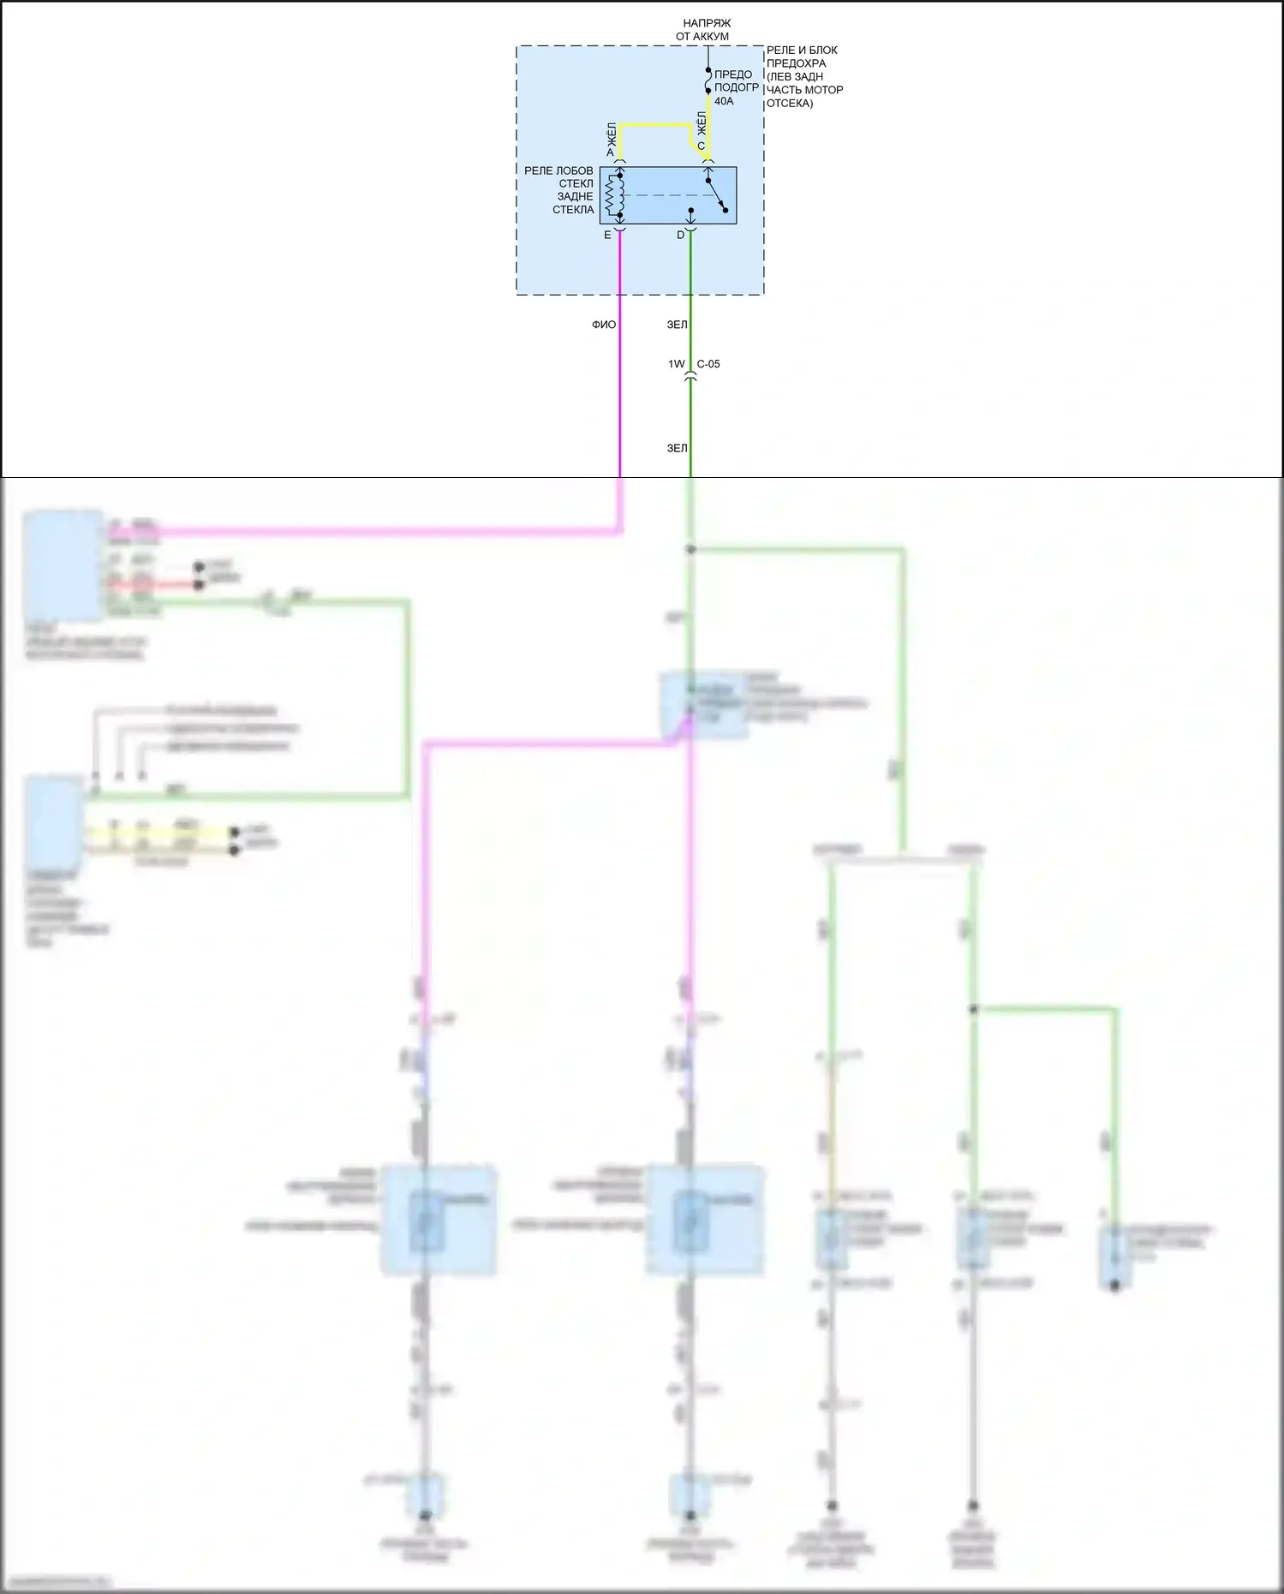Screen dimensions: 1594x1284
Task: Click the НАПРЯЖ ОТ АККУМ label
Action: coord(707,30)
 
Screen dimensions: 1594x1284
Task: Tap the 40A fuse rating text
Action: coord(724,101)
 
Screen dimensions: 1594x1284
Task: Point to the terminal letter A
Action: coord(611,152)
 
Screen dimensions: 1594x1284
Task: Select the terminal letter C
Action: coord(701,146)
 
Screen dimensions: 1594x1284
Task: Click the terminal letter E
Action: coord(607,235)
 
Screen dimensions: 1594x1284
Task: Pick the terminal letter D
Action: coord(681,235)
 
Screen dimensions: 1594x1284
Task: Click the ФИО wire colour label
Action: coord(604,325)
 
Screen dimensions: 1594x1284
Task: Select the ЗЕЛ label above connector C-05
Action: coord(677,325)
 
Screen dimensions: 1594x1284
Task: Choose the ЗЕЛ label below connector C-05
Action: coord(677,448)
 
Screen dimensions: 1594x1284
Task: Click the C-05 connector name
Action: coord(708,364)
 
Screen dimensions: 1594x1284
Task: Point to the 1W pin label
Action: coord(677,364)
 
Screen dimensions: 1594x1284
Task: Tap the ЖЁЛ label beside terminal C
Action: coord(702,122)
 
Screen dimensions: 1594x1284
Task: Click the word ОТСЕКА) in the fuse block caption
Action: coord(790,103)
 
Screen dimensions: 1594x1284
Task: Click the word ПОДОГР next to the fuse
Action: coord(737,87)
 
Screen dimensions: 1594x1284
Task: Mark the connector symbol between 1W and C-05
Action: coord(690,375)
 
